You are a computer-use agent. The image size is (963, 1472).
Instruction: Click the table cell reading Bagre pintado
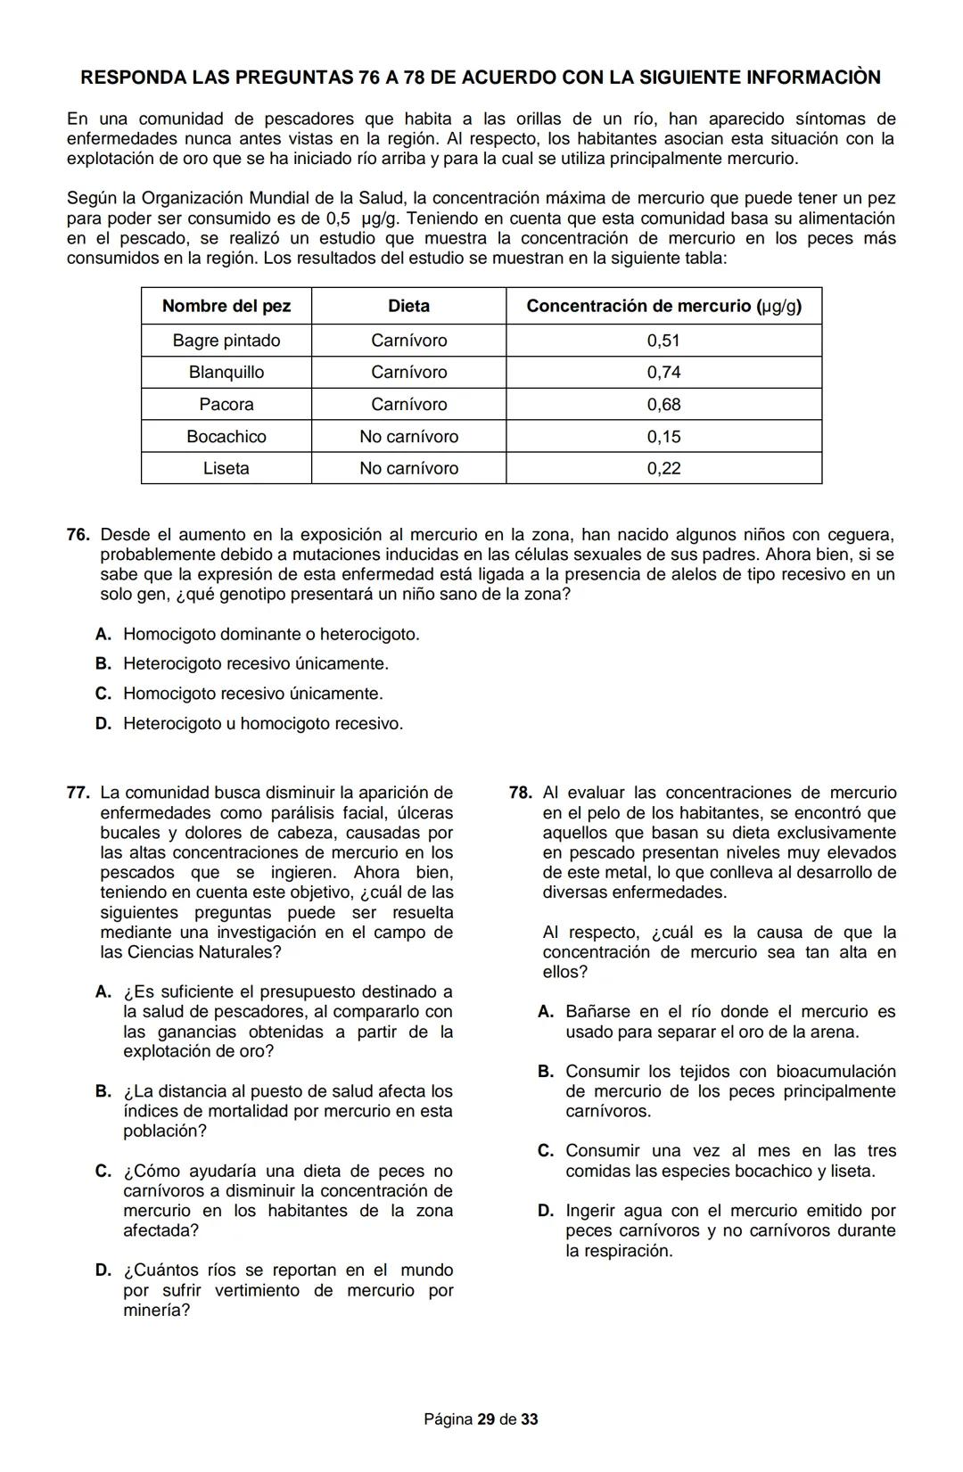[226, 341]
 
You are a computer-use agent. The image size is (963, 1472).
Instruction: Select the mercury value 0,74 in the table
[663, 373]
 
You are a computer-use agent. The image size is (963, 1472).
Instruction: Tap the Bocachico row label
[226, 437]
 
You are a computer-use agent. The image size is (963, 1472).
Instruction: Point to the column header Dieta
[408, 306]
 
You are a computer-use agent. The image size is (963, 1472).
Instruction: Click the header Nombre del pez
[226, 306]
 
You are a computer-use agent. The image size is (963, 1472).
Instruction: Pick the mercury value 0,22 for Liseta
[663, 469]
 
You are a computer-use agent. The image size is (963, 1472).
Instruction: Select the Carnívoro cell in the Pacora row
[408, 405]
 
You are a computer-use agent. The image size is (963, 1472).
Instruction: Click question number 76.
[78, 535]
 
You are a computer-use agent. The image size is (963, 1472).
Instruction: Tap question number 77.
[78, 793]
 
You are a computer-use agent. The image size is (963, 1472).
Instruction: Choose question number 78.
[521, 793]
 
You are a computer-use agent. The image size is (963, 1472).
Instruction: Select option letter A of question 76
[103, 635]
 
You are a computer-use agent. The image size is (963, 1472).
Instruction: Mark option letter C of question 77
[103, 1172]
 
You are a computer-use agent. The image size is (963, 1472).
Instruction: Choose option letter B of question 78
[546, 1072]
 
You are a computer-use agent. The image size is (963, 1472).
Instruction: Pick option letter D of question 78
[546, 1211]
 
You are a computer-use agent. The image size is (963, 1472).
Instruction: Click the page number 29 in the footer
[485, 1419]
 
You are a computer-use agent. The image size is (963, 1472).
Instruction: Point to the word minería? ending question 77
[156, 1311]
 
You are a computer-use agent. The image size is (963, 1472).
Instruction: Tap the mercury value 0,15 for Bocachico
[663, 437]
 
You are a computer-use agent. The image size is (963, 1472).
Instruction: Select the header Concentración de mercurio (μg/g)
[663, 306]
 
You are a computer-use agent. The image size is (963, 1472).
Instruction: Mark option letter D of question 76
[103, 724]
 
